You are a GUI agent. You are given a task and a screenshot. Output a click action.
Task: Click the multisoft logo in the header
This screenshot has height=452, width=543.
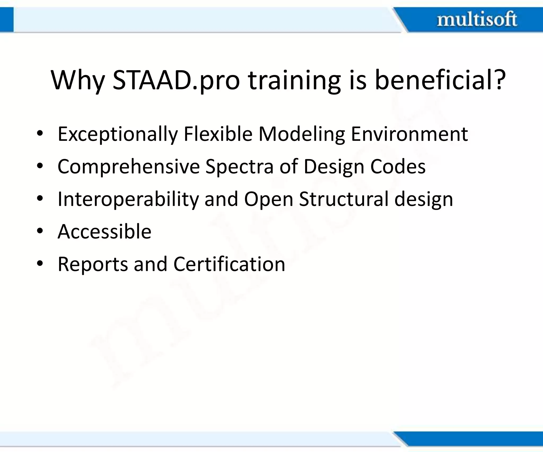[x=477, y=20]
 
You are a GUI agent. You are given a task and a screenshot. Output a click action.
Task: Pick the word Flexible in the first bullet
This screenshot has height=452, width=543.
[x=218, y=134]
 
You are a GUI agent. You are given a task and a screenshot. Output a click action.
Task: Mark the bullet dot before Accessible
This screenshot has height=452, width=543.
[x=40, y=231]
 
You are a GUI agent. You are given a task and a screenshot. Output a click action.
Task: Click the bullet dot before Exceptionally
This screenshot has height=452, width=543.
[x=40, y=133]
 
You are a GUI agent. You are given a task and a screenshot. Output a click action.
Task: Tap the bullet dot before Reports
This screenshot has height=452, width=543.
[x=40, y=264]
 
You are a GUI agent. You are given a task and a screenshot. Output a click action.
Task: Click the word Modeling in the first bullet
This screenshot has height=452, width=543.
[x=302, y=134]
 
